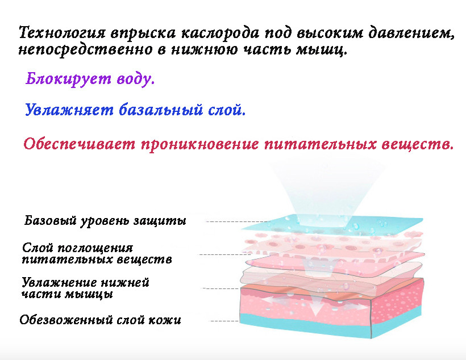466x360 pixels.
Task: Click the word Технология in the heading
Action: coord(62,33)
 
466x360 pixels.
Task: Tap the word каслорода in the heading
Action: coord(220,33)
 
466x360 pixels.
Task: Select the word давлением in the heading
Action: coord(411,33)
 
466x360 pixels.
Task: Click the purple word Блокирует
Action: coord(68,79)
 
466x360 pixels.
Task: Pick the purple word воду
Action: coord(135,79)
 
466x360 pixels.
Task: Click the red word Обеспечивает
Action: coord(80,144)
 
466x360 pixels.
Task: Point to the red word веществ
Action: coord(417,144)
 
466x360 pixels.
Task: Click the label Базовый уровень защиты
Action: coord(105,221)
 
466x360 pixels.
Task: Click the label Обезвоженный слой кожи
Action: coord(100,320)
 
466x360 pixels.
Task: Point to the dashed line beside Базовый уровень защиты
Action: coord(238,221)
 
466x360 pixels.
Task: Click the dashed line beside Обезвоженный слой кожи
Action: coord(224,321)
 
